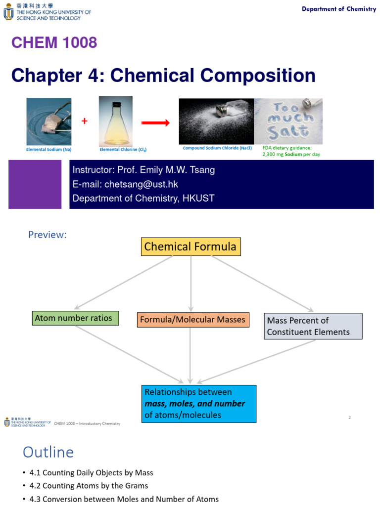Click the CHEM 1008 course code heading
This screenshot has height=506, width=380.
54,43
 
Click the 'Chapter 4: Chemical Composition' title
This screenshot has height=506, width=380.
163,76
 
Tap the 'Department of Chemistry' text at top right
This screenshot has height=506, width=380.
338,9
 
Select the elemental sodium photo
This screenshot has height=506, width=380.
48,121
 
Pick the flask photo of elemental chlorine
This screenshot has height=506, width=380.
116,121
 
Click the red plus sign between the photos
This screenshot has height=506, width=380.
85,121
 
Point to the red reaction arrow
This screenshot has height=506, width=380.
155,123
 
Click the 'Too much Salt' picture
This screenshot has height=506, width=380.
288,121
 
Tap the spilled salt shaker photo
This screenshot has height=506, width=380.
216,121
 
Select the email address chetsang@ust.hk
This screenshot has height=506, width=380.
125,184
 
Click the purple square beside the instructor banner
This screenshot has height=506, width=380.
35,184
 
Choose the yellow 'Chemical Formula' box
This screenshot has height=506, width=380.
190,247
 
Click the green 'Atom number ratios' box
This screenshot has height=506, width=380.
76,318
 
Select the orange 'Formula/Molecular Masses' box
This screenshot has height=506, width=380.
192,320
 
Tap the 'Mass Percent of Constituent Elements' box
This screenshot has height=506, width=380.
313,326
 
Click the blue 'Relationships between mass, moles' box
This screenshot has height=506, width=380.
198,403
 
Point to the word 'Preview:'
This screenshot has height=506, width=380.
47,235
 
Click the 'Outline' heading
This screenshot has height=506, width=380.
48,452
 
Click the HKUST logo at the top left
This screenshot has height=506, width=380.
8,14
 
